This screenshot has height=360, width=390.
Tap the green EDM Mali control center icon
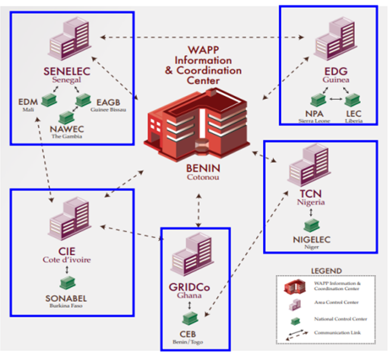point(46,100)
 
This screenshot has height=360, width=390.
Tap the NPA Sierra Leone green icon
point(315,99)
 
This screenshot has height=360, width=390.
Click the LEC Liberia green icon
point(354,99)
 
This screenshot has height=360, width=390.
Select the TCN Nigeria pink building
point(309,169)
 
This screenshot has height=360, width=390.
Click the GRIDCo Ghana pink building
point(193,257)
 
